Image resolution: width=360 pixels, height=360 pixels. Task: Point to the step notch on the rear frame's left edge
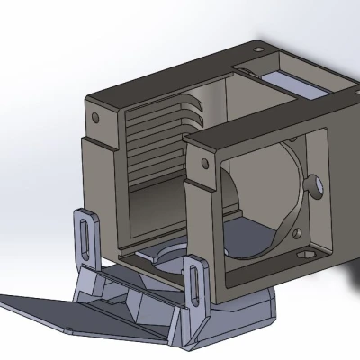pos(87,144)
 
